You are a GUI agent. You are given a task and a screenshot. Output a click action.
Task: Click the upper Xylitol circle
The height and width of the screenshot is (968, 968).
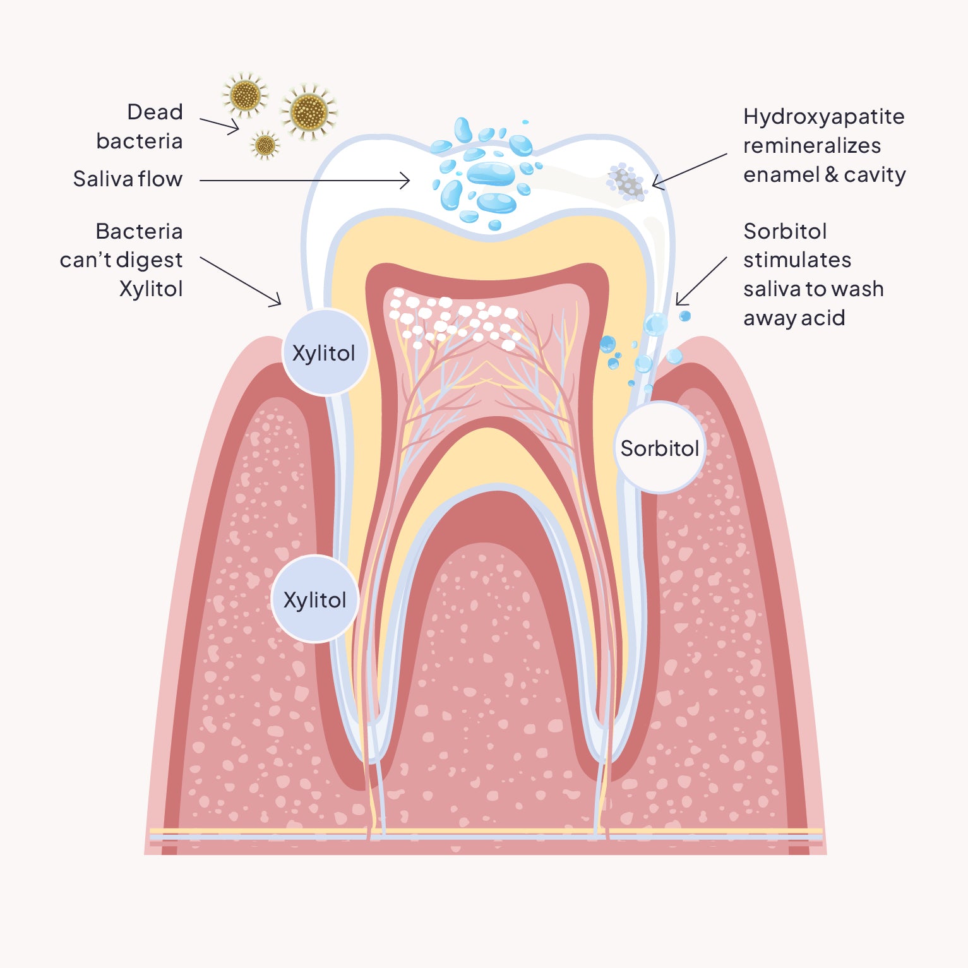(x=325, y=352)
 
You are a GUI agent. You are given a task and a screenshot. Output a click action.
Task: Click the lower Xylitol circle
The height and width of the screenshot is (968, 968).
(x=315, y=599)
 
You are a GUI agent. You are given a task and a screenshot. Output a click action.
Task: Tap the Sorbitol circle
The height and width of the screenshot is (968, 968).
(x=660, y=448)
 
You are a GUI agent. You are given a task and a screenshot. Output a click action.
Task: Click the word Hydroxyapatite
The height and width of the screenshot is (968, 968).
(x=823, y=117)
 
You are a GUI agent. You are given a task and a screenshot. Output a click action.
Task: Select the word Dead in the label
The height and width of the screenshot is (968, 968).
(x=155, y=112)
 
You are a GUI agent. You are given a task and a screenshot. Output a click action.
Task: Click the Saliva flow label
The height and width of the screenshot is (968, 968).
(x=128, y=179)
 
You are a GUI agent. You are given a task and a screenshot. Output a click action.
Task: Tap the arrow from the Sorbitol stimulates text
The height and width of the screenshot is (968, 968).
(x=701, y=281)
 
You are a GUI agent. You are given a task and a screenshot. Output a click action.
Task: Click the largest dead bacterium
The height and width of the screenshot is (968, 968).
(x=309, y=112)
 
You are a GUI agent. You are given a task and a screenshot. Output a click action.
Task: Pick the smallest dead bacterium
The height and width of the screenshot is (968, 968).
(x=265, y=145)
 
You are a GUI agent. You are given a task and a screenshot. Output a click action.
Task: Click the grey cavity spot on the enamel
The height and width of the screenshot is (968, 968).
(x=625, y=182)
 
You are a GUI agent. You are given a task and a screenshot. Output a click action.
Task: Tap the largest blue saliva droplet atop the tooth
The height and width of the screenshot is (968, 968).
(x=491, y=173)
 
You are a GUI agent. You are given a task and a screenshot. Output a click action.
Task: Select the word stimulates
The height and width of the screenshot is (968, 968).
(x=797, y=260)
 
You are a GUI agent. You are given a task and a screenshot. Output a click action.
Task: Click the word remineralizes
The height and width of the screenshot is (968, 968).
(x=811, y=146)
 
